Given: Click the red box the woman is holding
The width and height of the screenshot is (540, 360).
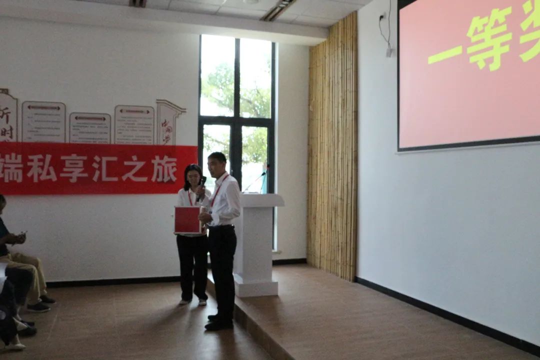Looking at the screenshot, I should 187,220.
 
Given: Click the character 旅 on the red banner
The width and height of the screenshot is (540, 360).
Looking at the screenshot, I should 165,170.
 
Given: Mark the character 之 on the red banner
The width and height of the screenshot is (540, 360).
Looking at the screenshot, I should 134,170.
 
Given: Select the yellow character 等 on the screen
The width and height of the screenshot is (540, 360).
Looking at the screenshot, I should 489,40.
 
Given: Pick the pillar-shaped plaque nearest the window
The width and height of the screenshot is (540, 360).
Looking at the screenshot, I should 168,122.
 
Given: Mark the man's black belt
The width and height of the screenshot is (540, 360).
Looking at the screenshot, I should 222,227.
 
